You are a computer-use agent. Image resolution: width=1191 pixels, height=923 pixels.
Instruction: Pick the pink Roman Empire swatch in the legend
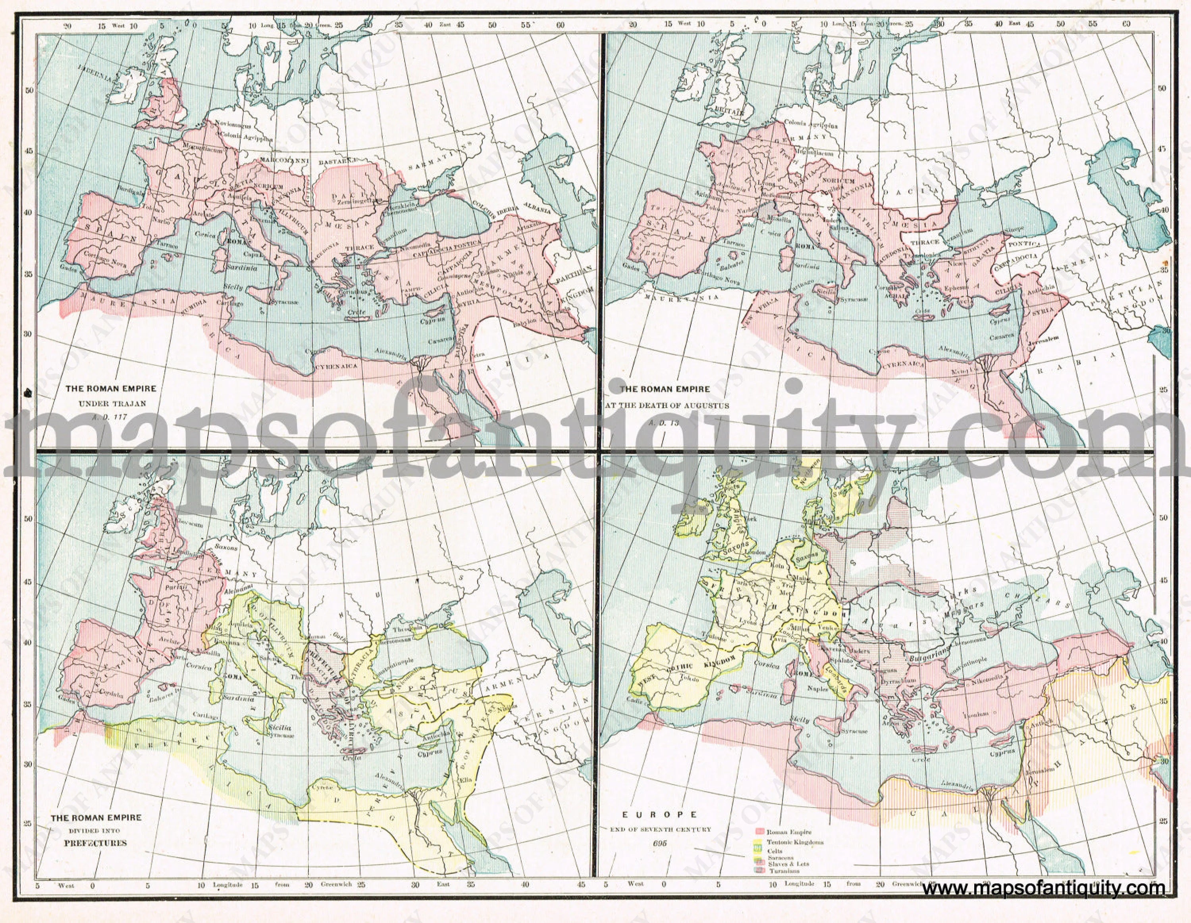[x=759, y=833]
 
